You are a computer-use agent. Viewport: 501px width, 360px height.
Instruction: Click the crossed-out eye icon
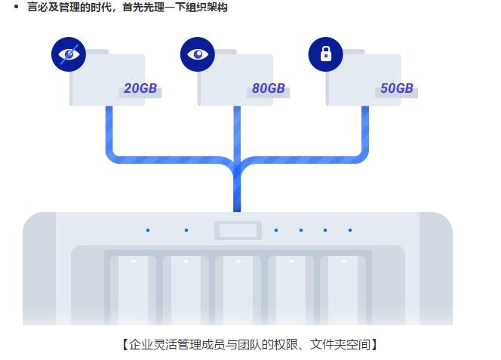[69, 54]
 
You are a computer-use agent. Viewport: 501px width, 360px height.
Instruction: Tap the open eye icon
[198, 54]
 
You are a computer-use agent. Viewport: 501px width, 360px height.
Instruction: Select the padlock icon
[326, 54]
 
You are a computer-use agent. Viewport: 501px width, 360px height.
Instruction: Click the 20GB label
[140, 89]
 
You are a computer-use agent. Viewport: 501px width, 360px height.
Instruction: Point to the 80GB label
[269, 89]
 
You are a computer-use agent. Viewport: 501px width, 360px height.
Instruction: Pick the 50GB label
[397, 89]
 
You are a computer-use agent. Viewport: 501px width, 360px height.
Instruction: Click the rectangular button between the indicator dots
[238, 230]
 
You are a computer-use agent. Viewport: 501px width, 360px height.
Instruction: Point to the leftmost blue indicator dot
[148, 230]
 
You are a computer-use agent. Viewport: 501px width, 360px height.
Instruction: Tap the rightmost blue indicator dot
[350, 230]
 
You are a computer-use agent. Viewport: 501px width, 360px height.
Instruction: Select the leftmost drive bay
[133, 291]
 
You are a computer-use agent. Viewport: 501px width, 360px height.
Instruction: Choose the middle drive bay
[238, 291]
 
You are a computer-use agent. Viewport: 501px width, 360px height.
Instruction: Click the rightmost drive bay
[343, 291]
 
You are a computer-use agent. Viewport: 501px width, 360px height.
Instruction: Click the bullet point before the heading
[16, 8]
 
